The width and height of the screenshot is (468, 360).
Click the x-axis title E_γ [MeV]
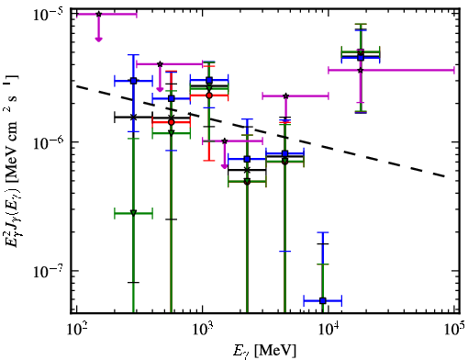tap(264, 351)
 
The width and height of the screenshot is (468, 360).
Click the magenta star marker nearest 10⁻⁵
tap(98, 14)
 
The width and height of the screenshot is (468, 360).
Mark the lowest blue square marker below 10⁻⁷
tap(323, 301)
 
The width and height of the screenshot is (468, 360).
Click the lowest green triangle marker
tap(133, 213)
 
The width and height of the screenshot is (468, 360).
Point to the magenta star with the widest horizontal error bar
tap(361, 70)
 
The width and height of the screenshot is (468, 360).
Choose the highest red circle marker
tap(209, 96)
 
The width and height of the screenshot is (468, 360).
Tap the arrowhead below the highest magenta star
tap(98, 39)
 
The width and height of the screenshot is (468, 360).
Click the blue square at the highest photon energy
tap(361, 58)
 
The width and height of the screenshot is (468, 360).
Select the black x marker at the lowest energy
tap(133, 118)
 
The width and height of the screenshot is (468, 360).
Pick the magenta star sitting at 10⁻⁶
tap(225, 141)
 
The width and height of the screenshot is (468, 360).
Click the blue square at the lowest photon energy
tap(133, 81)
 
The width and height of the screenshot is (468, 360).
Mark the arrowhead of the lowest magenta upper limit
tap(225, 166)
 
